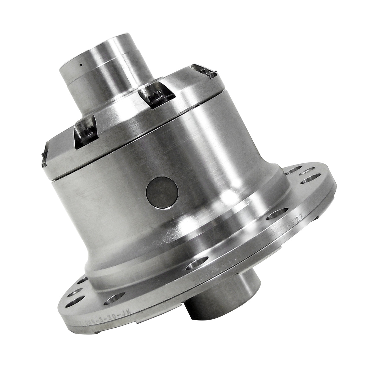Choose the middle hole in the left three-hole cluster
click(74, 293)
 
